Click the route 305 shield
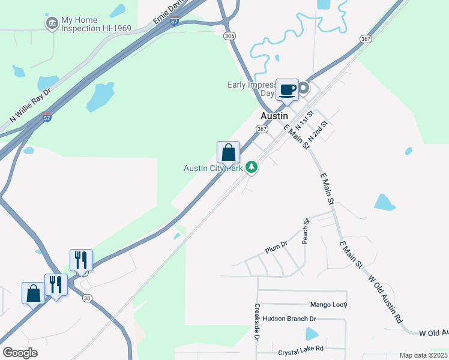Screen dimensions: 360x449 tap(229, 37)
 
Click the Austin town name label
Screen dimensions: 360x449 tap(274, 115)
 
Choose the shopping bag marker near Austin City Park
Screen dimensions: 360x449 tap(228, 153)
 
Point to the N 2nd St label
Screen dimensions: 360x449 tap(319, 131)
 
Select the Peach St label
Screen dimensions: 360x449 tap(306, 229)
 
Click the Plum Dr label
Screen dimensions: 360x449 tap(277, 245)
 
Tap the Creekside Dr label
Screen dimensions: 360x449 tap(257, 323)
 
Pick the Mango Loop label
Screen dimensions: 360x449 tap(328, 305)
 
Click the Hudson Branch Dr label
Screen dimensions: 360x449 tap(289, 319)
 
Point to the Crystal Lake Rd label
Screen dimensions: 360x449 tap(301, 348)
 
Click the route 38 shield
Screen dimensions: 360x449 tap(87, 298)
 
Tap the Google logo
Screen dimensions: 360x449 tap(20, 353)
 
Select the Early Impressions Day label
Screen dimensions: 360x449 tap(251, 89)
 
